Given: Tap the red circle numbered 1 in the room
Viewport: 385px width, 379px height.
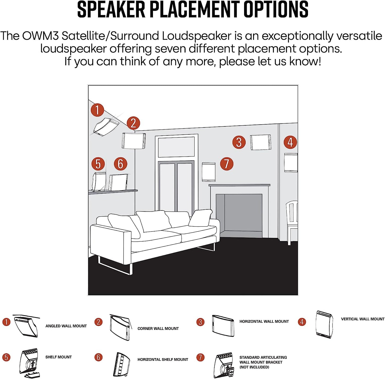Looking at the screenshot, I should (x=97, y=110).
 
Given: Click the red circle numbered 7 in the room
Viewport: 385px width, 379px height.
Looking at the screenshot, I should (x=226, y=163).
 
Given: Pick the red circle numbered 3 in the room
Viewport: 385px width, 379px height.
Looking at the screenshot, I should (x=239, y=142).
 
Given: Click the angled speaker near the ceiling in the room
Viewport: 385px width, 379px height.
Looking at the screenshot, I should (x=106, y=127).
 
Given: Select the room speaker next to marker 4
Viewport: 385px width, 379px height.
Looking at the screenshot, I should (x=291, y=163).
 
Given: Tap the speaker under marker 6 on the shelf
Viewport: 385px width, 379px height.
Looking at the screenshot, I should (x=118, y=182).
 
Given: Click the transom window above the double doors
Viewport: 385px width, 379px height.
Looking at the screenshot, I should (x=176, y=147).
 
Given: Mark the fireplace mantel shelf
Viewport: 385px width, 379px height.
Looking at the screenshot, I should (x=239, y=185).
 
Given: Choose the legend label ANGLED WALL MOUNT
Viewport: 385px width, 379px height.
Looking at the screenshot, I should (x=66, y=326).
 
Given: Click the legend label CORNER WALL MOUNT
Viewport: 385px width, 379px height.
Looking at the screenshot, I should (x=158, y=329).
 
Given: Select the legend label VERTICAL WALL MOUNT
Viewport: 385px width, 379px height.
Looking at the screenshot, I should (x=363, y=319).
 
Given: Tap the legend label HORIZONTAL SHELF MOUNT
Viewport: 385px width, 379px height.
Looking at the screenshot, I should (x=163, y=360).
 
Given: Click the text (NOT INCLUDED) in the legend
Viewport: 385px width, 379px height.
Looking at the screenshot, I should (x=254, y=367).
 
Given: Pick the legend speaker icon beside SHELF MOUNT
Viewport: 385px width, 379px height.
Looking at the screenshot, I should (x=29, y=363).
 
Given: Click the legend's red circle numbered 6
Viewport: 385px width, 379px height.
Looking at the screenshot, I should (x=98, y=357).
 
